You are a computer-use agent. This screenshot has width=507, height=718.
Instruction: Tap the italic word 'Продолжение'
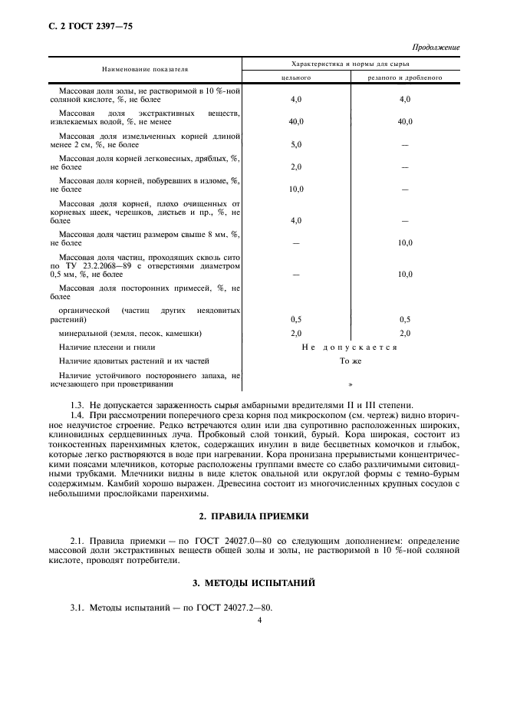[436, 48]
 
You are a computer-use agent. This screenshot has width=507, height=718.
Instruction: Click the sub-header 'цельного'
[297, 77]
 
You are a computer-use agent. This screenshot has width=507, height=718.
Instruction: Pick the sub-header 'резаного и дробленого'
[405, 77]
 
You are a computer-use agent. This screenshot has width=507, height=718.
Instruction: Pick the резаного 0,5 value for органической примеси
[405, 319]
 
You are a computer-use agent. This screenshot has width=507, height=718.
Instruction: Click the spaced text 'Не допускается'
[349, 347]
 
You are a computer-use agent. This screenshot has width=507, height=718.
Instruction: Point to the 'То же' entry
[350, 360]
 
